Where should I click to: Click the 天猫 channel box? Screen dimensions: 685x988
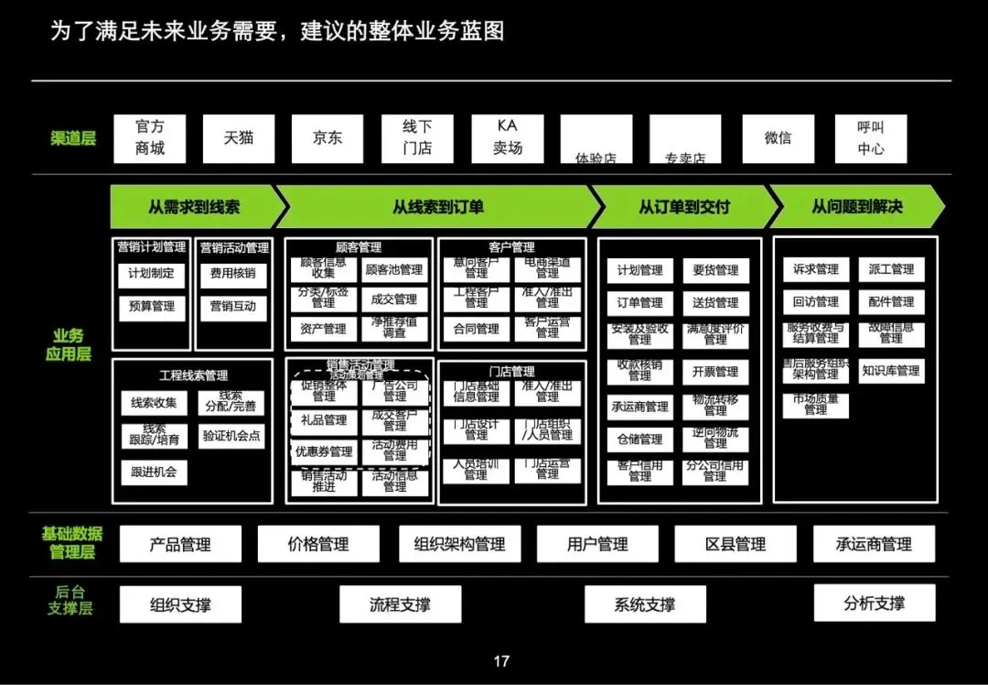238,138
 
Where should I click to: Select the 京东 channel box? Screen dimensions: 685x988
328,138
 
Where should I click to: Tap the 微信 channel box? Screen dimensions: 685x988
778,138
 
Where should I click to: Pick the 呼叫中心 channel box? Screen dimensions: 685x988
870,138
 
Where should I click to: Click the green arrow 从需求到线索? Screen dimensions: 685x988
194,207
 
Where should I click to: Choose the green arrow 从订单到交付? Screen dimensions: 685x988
683,207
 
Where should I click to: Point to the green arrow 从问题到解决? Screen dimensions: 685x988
856,207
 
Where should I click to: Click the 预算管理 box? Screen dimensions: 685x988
151,307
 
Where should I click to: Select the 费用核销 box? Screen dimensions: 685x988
232,273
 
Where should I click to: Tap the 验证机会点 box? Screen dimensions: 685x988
231,436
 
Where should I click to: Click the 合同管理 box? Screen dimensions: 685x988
476,329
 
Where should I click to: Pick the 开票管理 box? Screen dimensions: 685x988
715,372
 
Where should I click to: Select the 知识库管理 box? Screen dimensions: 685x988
890,371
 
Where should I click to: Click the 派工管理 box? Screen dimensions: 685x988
890,269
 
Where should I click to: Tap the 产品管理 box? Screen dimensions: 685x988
180,544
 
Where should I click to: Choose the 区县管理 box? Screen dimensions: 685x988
736,544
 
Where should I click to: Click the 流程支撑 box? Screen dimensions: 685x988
400,604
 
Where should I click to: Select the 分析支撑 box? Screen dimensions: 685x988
874,603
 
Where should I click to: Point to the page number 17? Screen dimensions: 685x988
500,661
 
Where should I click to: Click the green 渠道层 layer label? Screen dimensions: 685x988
73,139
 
